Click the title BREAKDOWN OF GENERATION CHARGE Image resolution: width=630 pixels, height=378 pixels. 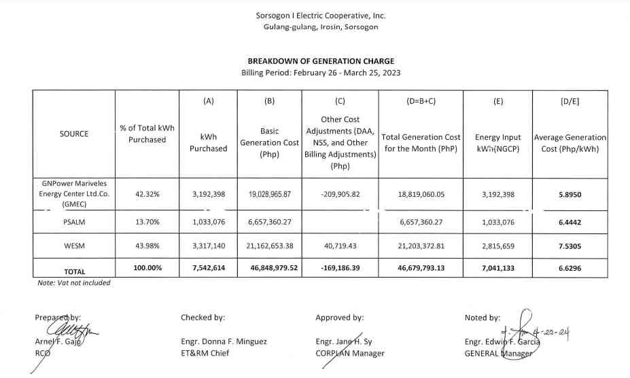(x=321, y=61)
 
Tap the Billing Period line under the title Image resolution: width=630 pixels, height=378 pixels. (x=321, y=72)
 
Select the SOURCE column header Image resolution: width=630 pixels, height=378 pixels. (x=74, y=134)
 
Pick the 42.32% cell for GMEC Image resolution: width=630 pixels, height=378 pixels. (x=147, y=194)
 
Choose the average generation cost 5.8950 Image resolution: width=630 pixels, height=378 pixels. (x=570, y=194)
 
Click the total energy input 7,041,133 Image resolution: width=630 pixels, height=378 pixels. (x=498, y=268)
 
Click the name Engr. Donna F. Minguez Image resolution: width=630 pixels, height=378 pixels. (x=220, y=342)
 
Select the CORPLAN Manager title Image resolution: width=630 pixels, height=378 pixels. (x=350, y=353)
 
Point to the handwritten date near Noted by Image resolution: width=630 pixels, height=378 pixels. (x=547, y=334)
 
